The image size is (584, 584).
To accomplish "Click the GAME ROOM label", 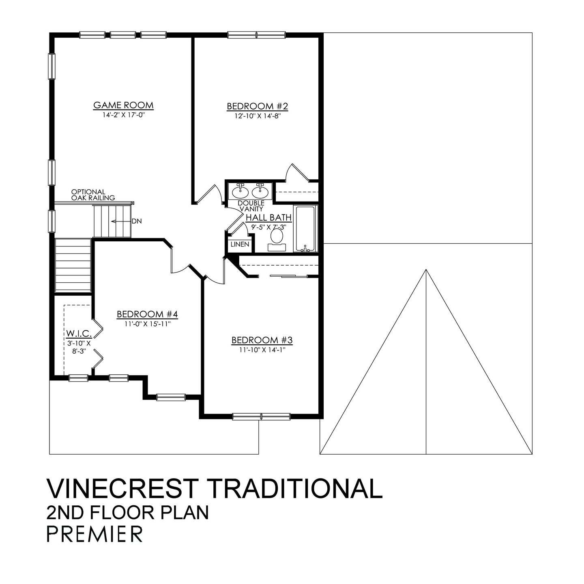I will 123,105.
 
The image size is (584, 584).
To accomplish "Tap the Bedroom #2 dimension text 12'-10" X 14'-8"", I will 257,116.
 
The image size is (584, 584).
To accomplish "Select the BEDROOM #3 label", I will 262,340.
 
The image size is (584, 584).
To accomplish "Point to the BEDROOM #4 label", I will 147,314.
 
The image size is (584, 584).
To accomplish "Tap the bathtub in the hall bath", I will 306,229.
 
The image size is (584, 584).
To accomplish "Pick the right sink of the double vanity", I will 260,191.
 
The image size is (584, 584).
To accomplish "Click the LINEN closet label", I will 240,245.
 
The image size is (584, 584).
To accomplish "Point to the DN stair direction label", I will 136,221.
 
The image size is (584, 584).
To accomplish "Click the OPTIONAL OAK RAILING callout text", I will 93,195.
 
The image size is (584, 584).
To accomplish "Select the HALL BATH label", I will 268,218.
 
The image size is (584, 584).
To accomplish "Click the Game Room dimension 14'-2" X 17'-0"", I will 123,115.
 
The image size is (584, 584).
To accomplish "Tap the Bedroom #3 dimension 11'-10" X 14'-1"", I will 262,350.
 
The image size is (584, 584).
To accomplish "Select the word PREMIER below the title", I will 94,534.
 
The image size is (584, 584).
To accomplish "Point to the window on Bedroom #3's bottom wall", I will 261,416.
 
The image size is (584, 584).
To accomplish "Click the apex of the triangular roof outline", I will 426,270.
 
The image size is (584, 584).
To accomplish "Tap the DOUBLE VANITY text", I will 251,206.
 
